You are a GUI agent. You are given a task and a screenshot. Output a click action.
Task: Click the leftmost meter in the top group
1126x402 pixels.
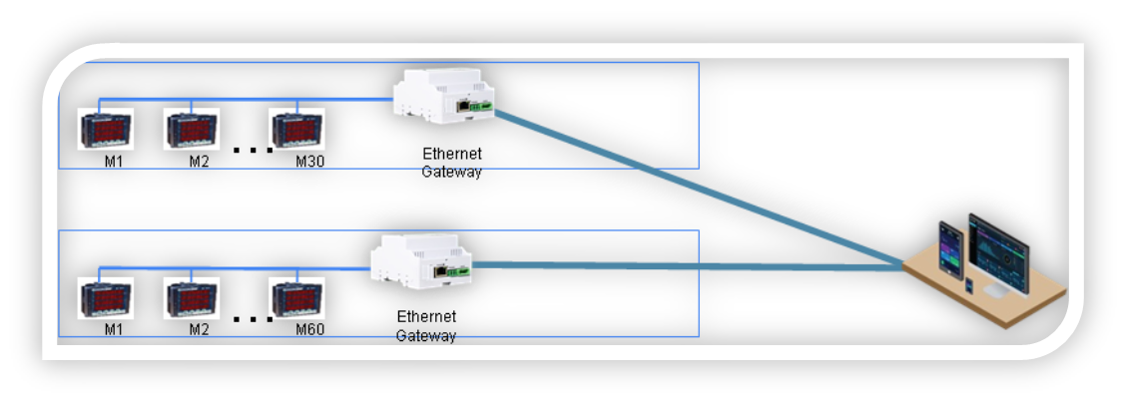[x=105, y=129]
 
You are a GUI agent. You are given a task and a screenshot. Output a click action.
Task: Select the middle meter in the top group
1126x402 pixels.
[x=190, y=129]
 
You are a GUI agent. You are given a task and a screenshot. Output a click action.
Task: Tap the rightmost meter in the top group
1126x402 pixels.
[x=296, y=129]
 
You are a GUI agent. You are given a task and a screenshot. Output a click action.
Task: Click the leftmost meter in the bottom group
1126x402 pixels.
[x=105, y=297]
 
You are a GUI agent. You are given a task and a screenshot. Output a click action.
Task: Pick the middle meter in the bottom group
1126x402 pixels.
[x=190, y=297]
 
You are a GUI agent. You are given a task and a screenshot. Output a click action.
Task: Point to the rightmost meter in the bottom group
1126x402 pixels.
[x=296, y=297]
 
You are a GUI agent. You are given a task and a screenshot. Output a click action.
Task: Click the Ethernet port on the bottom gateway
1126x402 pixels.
[x=440, y=269]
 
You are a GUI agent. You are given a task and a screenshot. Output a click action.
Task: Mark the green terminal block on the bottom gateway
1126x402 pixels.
[x=459, y=270]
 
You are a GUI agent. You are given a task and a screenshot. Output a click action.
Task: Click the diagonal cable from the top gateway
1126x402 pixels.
[x=699, y=189]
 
